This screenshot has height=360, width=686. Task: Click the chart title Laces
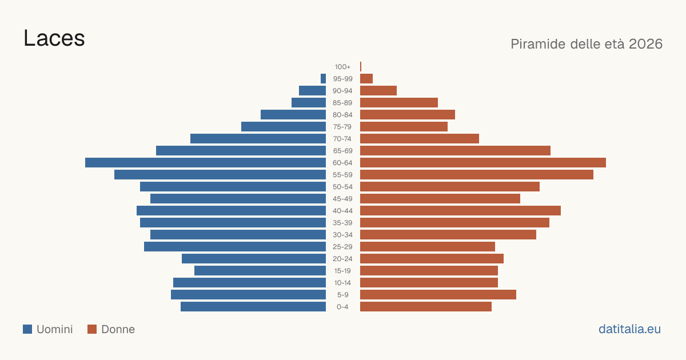click(x=54, y=38)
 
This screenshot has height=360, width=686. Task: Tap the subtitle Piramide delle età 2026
click(x=587, y=44)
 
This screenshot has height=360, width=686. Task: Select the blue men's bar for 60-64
click(x=205, y=162)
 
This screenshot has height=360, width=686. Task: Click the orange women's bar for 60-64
click(x=483, y=162)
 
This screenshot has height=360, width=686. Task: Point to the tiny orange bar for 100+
click(x=361, y=66)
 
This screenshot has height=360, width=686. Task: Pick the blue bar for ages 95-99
click(x=323, y=79)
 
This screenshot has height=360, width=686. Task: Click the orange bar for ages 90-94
click(x=378, y=91)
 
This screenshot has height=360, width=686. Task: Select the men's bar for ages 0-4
click(x=253, y=307)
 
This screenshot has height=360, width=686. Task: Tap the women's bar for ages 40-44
click(x=460, y=211)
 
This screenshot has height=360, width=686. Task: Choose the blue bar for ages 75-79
click(x=284, y=127)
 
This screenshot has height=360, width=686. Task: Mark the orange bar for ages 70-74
click(x=420, y=139)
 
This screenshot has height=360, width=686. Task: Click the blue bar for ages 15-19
click(x=260, y=271)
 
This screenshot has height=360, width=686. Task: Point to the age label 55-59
click(x=342, y=175)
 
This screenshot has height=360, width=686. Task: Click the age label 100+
click(x=342, y=67)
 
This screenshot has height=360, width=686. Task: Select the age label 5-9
click(x=342, y=295)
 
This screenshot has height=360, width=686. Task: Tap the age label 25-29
click(x=342, y=247)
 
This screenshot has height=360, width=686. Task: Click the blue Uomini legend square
click(x=27, y=329)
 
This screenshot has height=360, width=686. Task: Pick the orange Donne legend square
click(x=92, y=329)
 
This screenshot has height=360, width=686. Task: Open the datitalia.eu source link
click(x=629, y=329)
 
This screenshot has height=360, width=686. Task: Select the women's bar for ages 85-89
click(x=399, y=102)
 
